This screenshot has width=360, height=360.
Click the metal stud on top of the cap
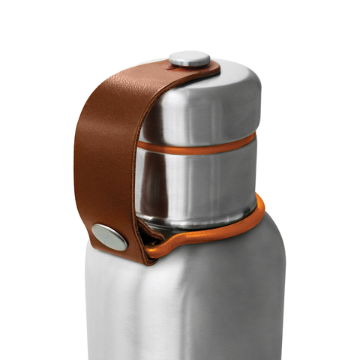189,58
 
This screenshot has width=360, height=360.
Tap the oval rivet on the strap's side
109,236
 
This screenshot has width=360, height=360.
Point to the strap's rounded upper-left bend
94,97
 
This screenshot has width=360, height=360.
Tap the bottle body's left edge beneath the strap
90,300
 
